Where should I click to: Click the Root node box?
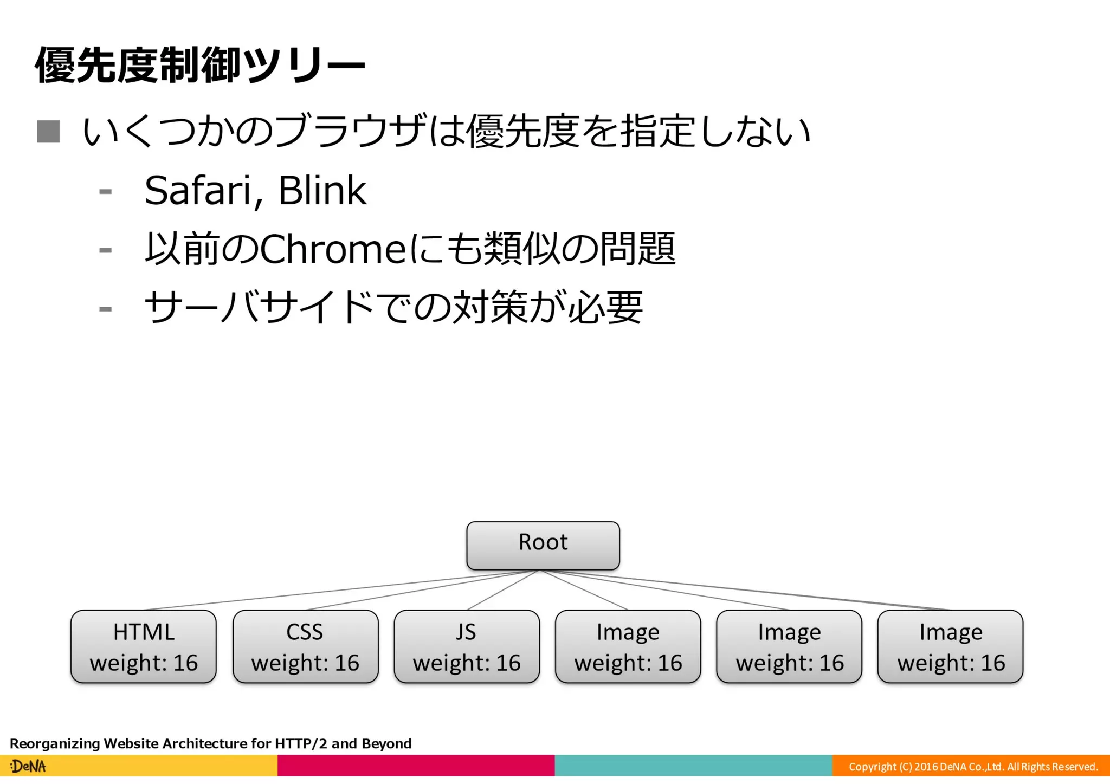click(x=543, y=545)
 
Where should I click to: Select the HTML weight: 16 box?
click(x=144, y=646)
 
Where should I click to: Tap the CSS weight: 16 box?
click(x=305, y=646)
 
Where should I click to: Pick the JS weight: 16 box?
click(x=467, y=646)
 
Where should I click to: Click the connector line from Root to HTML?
click(x=341, y=590)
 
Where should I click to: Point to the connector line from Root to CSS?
click(x=423, y=590)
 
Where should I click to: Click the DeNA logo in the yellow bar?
click(x=28, y=766)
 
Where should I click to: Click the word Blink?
click(x=322, y=191)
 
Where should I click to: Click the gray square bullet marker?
click(x=48, y=132)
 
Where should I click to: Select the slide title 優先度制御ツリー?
click(x=199, y=66)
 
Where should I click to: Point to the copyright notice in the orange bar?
click(x=973, y=767)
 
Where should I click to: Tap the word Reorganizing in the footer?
click(x=55, y=743)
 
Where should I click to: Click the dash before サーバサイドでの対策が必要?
click(x=106, y=309)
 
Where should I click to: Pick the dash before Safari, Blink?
click(x=106, y=191)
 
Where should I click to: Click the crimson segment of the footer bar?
click(x=416, y=766)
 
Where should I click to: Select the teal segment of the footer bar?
click(x=693, y=766)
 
